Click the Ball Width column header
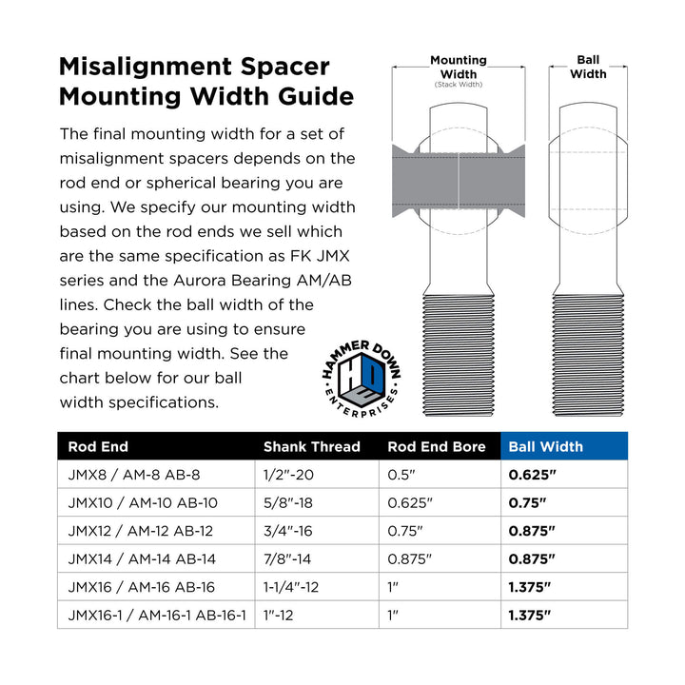pyautogui.click(x=546, y=446)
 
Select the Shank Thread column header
pyautogui.click(x=311, y=446)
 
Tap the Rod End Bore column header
pyautogui.click(x=437, y=446)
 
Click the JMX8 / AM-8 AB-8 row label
pyautogui.click(x=134, y=475)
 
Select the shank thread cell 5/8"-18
pyautogui.click(x=291, y=502)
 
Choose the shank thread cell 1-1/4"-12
pyautogui.click(x=298, y=587)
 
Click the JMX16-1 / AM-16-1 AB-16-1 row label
pyautogui.click(x=157, y=615)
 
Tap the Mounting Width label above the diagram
pyautogui.click(x=459, y=67)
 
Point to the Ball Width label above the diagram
pyautogui.click(x=588, y=67)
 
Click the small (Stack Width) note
pyautogui.click(x=459, y=85)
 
